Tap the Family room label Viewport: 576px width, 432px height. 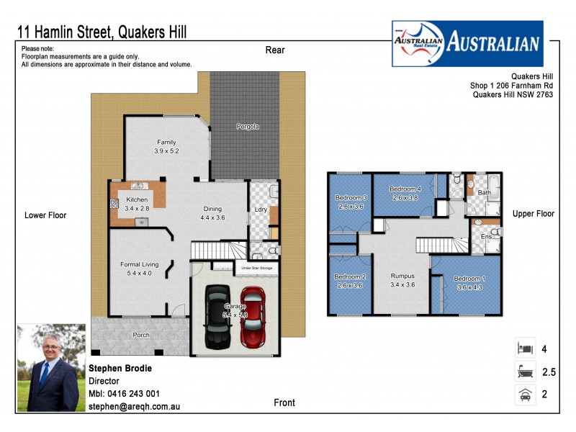point(166,146)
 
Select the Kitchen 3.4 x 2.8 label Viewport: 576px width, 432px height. point(137,204)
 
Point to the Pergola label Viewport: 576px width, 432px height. point(248,127)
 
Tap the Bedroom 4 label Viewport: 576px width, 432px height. point(405,193)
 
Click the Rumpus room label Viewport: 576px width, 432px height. point(402,280)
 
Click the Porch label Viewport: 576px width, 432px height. point(141,335)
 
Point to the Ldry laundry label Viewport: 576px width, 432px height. point(261,210)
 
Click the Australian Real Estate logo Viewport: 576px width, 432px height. point(467,43)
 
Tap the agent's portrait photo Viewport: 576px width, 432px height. point(51,367)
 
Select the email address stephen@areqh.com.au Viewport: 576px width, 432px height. point(134,407)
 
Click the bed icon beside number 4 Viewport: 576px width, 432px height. point(525,348)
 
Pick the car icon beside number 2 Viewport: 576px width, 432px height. point(525,395)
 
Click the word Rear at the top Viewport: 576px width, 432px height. point(275,50)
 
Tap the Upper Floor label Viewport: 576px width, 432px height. point(534,214)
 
